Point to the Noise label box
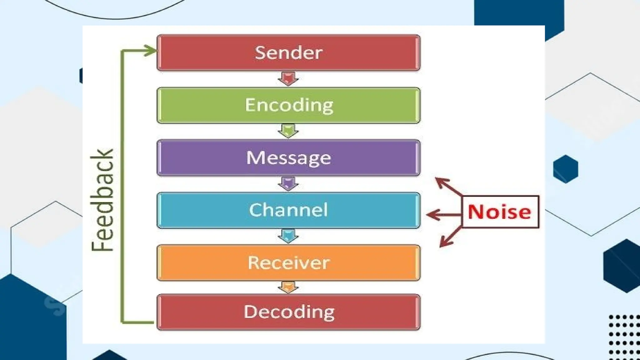(500, 212)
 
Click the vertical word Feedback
(102, 200)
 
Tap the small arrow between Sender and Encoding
(288, 79)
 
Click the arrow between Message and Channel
(288, 184)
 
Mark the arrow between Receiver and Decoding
(288, 287)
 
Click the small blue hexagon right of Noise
(565, 169)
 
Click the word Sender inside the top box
(288, 52)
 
